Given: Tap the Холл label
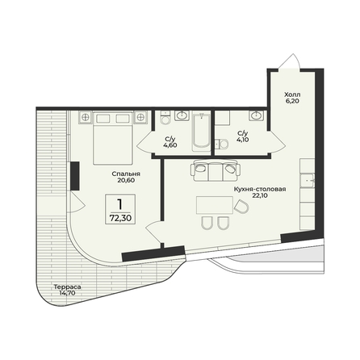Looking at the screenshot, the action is coord(292,94).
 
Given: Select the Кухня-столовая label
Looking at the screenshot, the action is coord(260,189).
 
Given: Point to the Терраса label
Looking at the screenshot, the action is coord(67,287).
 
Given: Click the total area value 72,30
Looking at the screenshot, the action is coord(120,218).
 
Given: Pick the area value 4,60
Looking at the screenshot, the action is coord(170,145).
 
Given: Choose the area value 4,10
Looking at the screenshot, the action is coord(243,140).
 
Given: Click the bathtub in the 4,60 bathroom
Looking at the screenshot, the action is coord(201,132).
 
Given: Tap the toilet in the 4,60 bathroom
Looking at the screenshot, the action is coord(165,118).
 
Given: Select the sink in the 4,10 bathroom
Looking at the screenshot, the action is coord(257,115).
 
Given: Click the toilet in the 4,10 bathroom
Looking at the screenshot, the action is coord(222,144).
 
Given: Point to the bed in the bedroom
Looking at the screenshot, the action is coord(113,138).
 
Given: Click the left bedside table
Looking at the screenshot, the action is coord(86,117).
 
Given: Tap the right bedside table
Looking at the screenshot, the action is coord(140,117).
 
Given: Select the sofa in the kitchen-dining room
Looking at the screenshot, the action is coord(215,170).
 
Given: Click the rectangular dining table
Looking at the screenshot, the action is coord(215,205).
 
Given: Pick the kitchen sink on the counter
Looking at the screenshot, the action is coord(307,180).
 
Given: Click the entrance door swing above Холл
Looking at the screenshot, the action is coord(289,61).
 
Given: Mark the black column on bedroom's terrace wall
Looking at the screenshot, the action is coord(75,176).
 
